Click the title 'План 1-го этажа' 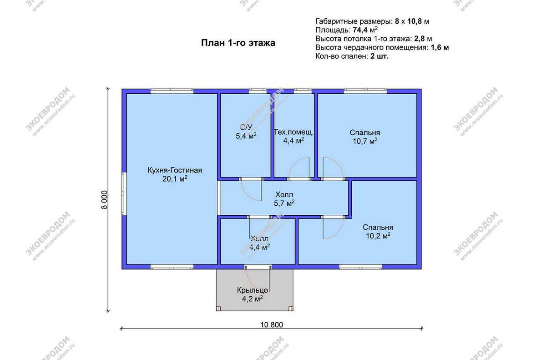[x=238, y=43]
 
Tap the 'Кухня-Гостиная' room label [x=175, y=170]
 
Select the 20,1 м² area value [x=175, y=179]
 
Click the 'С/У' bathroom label [x=246, y=127]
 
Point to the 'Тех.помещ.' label [x=293, y=132]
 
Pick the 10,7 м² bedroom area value [x=365, y=141]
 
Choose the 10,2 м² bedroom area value [x=378, y=236]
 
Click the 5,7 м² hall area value [x=284, y=203]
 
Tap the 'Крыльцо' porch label [x=253, y=290]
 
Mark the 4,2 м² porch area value [x=253, y=299]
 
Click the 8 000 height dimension [x=104, y=200]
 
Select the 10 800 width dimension [x=272, y=325]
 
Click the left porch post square [x=218, y=309]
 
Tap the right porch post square [x=291, y=309]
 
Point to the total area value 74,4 [x=360, y=30]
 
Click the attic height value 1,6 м [x=440, y=47]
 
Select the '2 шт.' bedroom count [x=379, y=56]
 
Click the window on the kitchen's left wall [x=124, y=194]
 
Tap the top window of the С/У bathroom [x=258, y=91]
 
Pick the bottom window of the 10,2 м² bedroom [x=360, y=267]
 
